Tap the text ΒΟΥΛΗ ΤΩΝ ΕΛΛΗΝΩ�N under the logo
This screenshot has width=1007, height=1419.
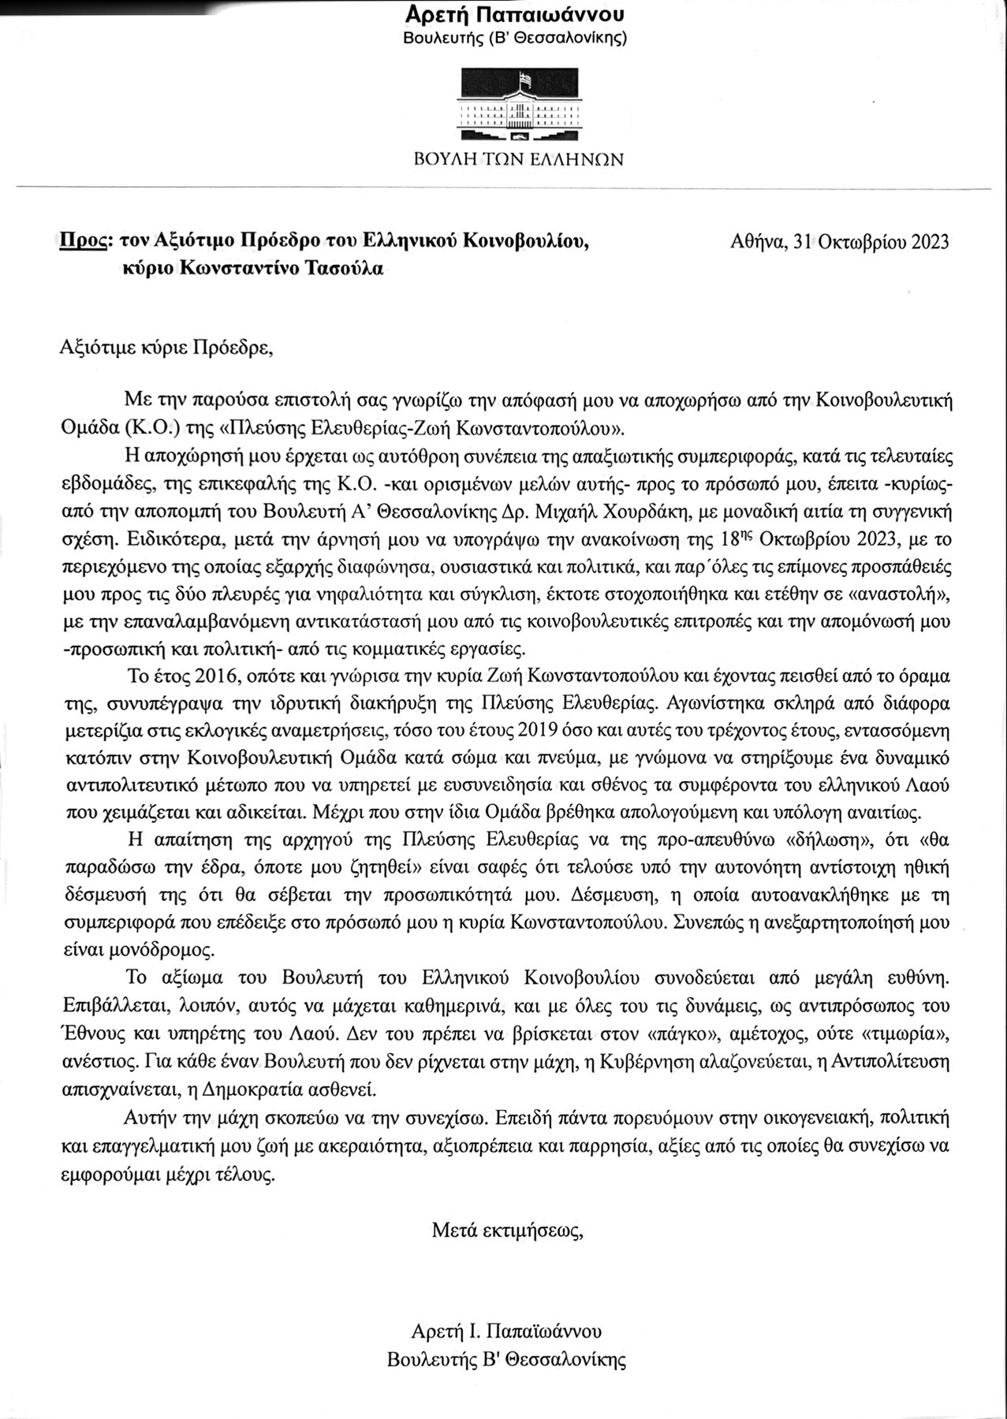519,160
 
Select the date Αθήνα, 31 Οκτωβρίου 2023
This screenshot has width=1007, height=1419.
840,241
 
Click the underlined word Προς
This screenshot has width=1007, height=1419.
82,241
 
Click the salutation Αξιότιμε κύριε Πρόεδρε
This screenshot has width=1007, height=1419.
167,348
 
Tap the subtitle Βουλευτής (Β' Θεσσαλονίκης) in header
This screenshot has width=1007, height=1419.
515,38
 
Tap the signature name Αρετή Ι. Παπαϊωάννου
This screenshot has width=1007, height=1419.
506,1331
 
